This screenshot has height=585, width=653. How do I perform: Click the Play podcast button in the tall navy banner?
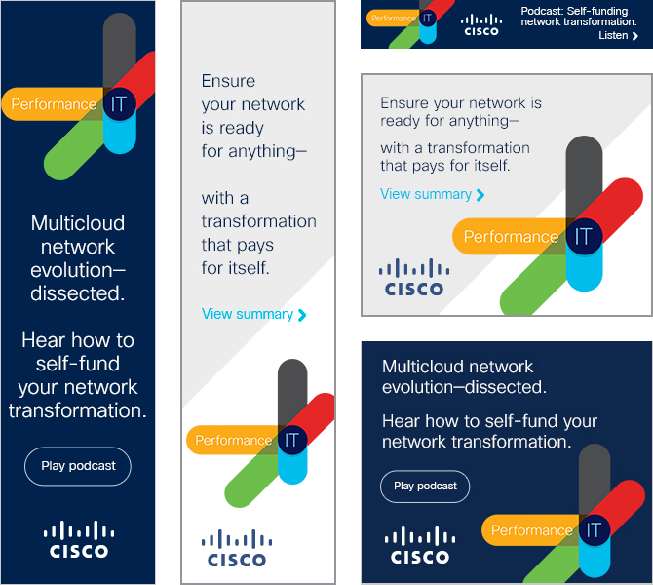pyautogui.click(x=78, y=466)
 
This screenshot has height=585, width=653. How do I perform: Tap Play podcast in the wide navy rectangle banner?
pyautogui.click(x=425, y=487)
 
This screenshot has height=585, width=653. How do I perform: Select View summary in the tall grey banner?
pyautogui.click(x=248, y=314)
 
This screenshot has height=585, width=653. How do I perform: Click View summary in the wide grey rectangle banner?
pyautogui.click(x=426, y=194)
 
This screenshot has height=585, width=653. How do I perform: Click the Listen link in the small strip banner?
pyautogui.click(x=613, y=36)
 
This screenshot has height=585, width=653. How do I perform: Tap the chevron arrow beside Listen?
pyautogui.click(x=635, y=36)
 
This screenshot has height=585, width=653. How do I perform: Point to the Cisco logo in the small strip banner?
pyautogui.click(x=480, y=24)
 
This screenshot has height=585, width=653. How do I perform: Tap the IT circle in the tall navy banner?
pyautogui.click(x=119, y=104)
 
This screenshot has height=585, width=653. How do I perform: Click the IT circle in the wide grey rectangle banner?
pyautogui.click(x=584, y=236)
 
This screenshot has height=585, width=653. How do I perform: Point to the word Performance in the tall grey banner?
pyautogui.click(x=234, y=441)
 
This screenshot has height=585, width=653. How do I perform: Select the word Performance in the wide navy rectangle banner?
pyautogui.click(x=531, y=530)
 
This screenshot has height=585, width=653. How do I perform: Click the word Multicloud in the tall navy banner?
pyautogui.click(x=78, y=223)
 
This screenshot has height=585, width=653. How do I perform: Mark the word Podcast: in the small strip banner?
pyautogui.click(x=543, y=11)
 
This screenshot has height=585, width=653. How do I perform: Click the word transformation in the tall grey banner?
pyautogui.click(x=258, y=221)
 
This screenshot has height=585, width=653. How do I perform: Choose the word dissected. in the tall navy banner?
pyautogui.click(x=78, y=293)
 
